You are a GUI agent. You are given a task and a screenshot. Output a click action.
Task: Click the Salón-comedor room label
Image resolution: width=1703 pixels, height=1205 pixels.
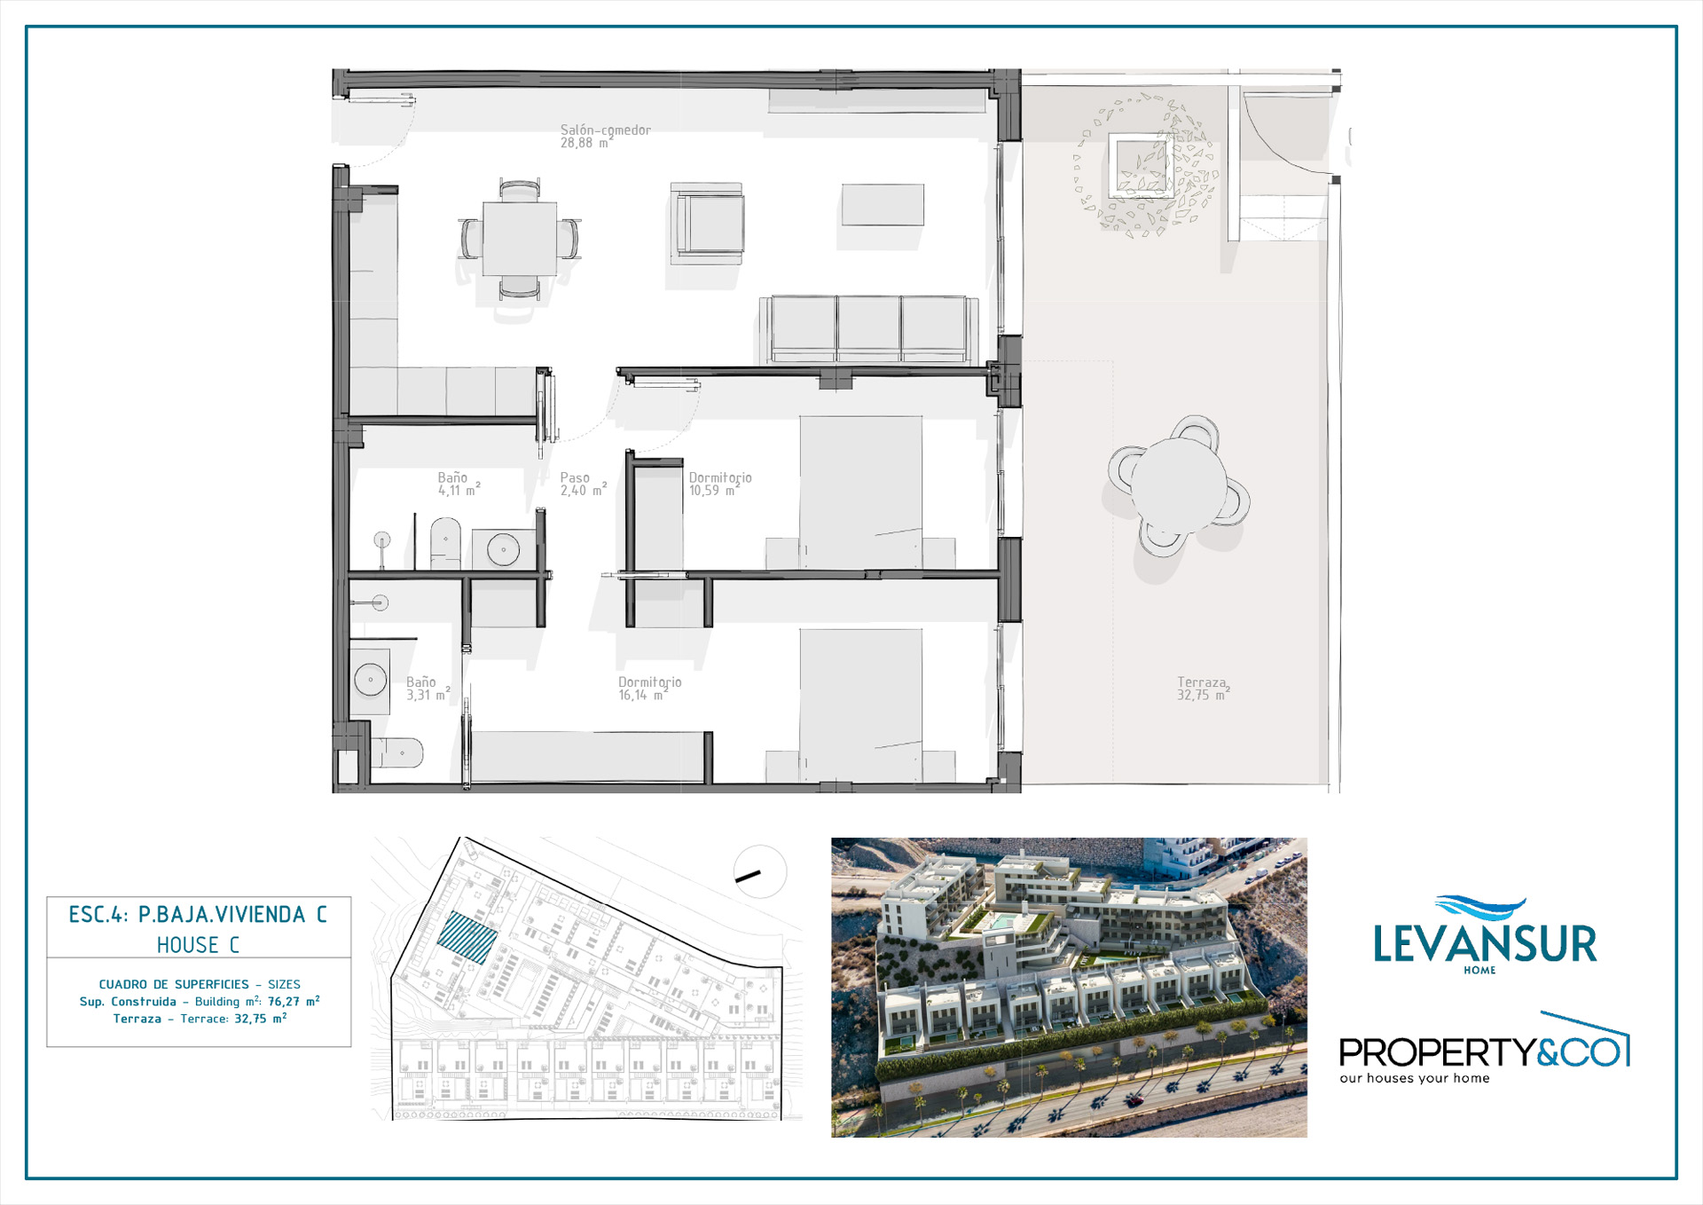click(x=605, y=136)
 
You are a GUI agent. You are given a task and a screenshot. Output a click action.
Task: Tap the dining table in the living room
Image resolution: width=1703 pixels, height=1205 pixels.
click(x=520, y=239)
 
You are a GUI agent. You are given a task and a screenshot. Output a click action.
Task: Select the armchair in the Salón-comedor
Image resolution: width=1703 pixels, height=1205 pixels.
click(x=707, y=223)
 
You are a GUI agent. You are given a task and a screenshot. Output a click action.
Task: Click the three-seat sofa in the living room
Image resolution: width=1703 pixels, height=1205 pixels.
click(x=869, y=329)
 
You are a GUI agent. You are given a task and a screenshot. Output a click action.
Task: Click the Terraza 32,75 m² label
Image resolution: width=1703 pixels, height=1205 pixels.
click(x=1204, y=689)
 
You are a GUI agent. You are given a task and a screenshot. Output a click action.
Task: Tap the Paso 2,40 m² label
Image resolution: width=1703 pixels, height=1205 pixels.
click(x=583, y=484)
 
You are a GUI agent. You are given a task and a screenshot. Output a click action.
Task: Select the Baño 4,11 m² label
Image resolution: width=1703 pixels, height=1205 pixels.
click(x=459, y=484)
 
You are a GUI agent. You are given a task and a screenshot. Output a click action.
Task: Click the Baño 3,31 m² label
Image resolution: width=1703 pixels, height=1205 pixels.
click(x=428, y=689)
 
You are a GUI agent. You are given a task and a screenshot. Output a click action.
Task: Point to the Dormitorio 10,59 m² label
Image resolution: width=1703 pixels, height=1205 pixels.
click(x=720, y=484)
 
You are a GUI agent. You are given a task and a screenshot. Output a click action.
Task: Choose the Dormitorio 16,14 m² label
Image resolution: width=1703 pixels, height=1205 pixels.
click(x=650, y=689)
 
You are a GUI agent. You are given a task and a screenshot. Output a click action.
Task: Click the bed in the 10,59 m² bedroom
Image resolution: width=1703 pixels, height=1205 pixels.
click(x=860, y=492)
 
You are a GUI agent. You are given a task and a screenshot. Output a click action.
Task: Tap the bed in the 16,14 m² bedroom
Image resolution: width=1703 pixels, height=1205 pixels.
click(x=860, y=705)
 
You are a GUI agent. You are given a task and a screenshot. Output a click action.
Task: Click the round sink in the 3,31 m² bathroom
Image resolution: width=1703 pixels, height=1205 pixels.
click(x=370, y=681)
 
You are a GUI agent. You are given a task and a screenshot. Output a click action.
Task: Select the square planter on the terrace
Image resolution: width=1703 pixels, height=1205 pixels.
click(x=1141, y=165)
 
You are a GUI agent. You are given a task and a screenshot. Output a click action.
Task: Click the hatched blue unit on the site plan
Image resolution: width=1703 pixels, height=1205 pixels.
click(x=467, y=937)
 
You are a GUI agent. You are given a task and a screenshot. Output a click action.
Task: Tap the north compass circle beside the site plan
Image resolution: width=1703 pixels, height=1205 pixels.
click(x=760, y=872)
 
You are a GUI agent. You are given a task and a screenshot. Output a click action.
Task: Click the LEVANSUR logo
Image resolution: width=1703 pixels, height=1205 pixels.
click(x=1485, y=935)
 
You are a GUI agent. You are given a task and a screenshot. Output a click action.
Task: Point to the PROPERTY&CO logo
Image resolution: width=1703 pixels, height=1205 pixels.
click(x=1484, y=1049)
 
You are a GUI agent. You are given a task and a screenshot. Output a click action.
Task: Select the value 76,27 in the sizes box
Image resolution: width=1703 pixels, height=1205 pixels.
click(x=284, y=1002)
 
